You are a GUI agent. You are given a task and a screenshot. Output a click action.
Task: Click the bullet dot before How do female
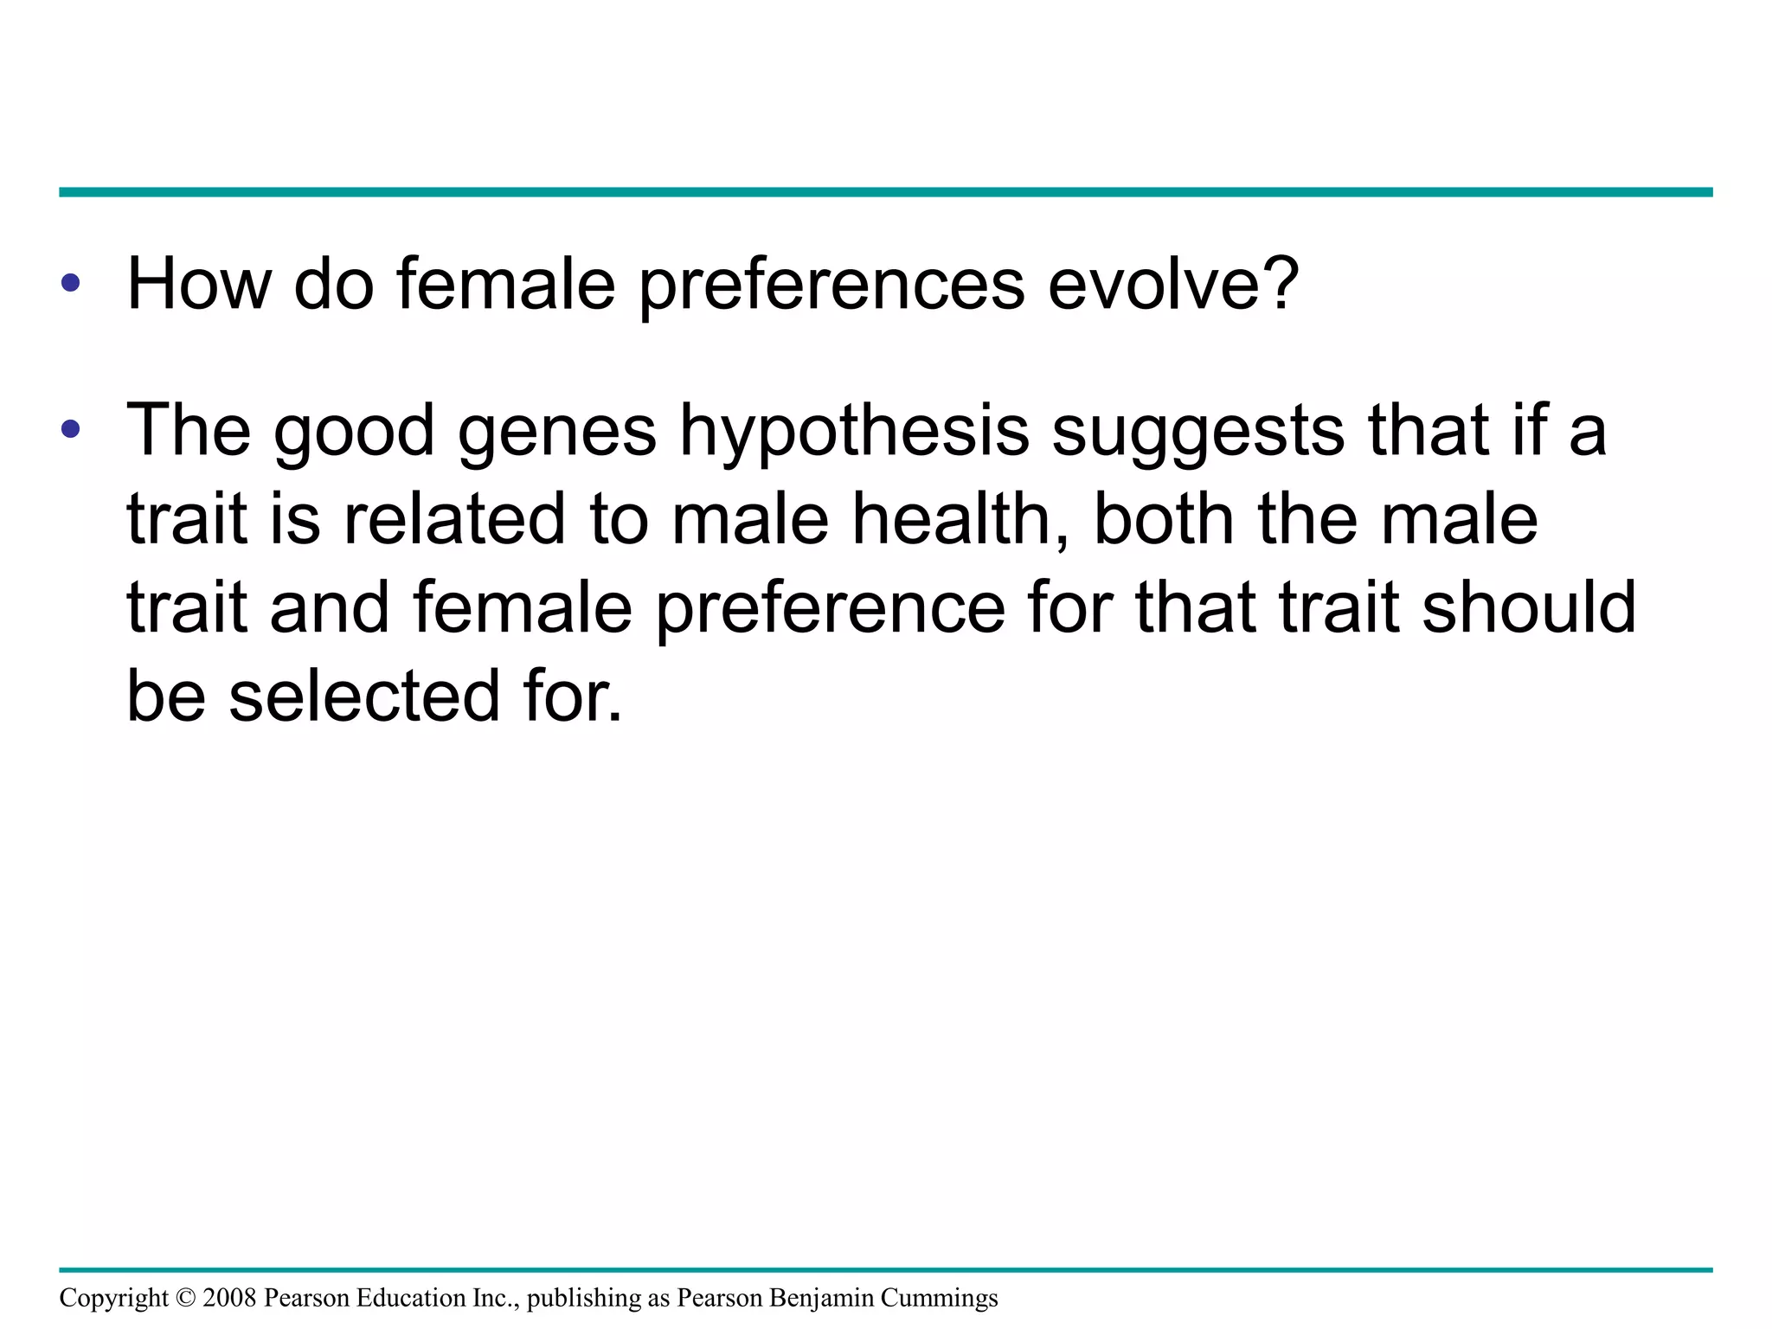[71, 283]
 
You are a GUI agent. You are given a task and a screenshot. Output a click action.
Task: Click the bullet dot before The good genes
[71, 429]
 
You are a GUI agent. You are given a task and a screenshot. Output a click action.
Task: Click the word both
[1165, 519]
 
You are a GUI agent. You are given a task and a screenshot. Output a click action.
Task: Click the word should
[1529, 607]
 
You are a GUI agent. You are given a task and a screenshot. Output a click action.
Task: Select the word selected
[364, 696]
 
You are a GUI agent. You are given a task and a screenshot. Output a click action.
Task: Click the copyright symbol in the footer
[186, 1298]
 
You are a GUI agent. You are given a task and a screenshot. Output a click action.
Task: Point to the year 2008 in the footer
[229, 1298]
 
